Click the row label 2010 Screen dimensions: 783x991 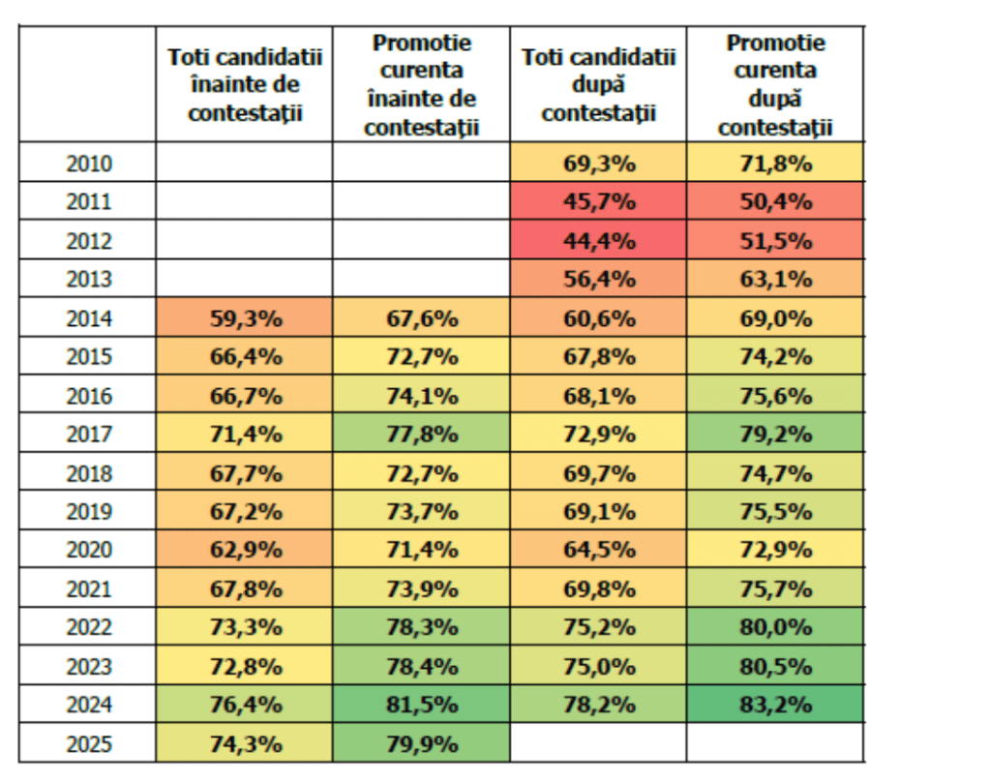click(x=89, y=164)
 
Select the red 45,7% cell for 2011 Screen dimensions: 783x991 click(x=599, y=202)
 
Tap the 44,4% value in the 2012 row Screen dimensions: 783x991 click(x=599, y=241)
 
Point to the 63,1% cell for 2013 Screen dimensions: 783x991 click(x=776, y=280)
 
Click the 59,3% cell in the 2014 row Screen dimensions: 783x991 click(x=245, y=318)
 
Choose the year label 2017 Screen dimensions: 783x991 click(x=89, y=435)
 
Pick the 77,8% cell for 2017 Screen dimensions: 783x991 click(x=422, y=435)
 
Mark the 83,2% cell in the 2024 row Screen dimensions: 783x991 click(x=776, y=705)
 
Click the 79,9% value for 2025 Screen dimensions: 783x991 click(x=422, y=743)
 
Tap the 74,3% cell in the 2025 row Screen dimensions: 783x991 click(x=245, y=743)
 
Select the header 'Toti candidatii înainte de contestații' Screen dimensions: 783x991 click(x=245, y=85)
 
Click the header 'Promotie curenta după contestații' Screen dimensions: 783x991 click(x=776, y=85)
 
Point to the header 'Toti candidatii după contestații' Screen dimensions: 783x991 click(x=599, y=85)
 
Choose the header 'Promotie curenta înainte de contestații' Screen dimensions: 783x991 click(x=422, y=85)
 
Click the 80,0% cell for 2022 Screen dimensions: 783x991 click(x=776, y=627)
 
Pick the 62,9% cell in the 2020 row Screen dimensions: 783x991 click(x=245, y=550)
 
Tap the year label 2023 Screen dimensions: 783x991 click(x=89, y=666)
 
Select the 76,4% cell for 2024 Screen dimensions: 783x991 click(x=245, y=705)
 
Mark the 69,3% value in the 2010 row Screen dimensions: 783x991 click(x=599, y=164)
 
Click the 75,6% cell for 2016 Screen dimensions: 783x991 click(x=776, y=396)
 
